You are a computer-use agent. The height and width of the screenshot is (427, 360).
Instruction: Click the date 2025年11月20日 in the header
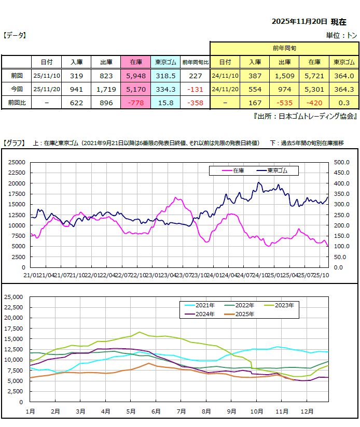(300, 22)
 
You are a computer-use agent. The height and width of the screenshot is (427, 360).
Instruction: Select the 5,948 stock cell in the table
(136, 76)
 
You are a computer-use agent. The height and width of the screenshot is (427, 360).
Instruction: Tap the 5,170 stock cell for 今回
(136, 89)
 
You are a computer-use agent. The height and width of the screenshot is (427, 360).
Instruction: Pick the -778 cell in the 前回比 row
(136, 103)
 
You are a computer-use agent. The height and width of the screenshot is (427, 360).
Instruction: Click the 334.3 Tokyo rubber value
(166, 89)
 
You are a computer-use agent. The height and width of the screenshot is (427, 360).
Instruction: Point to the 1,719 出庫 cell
(106, 89)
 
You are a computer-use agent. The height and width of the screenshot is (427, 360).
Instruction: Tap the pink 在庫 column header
(136, 62)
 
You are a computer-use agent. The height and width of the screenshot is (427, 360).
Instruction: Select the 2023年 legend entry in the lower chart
(286, 306)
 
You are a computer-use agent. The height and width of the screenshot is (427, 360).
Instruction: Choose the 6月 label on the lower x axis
(155, 411)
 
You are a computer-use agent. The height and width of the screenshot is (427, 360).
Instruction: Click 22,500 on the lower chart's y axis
(14, 307)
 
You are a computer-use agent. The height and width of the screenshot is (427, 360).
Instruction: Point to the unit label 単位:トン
(341, 35)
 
